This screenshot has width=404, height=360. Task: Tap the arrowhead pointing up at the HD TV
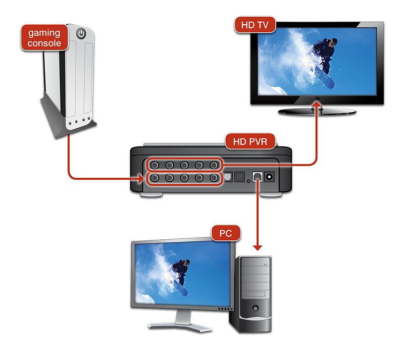317,104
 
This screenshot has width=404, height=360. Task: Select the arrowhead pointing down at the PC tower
258,247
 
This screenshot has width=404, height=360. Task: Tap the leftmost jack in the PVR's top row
154,165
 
